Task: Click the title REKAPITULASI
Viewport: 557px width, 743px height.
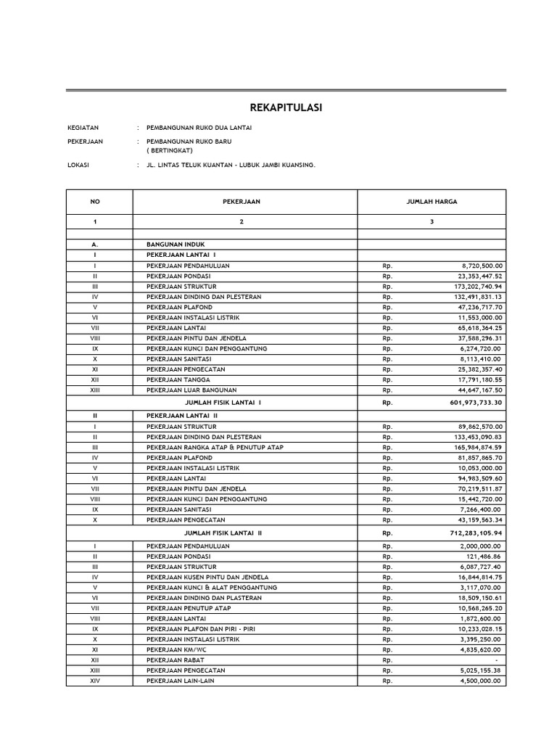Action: click(286, 108)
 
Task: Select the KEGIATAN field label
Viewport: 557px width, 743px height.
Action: click(83, 128)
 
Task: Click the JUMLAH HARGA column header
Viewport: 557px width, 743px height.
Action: click(432, 202)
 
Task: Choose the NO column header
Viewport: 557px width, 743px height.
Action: click(94, 202)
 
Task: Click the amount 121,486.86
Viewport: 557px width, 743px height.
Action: click(481, 557)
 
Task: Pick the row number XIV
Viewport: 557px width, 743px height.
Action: click(94, 681)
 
